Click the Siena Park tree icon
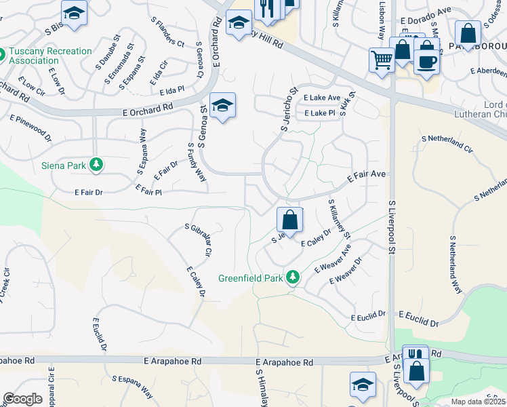96,164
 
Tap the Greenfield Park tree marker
293,277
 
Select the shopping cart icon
382,60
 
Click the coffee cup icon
426,62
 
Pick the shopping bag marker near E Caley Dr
289,220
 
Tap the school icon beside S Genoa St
222,105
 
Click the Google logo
22,399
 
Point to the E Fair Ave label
366,176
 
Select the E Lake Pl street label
320,113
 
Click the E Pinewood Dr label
31,127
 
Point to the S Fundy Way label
197,162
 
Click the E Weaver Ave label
333,259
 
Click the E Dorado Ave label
425,21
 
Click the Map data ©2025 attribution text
478,402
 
